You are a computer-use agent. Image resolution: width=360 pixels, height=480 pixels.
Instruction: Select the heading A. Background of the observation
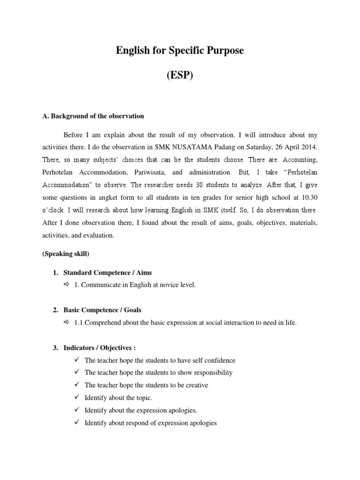pos(93,116)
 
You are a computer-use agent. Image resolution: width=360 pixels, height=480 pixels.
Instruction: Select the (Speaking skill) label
pos(66,254)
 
